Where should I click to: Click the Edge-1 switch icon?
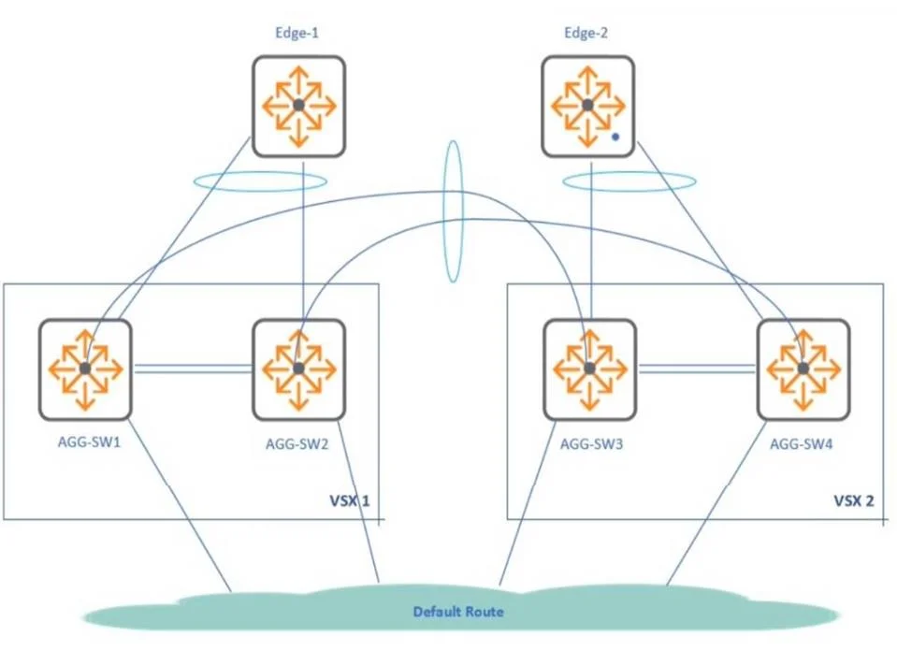pos(298,106)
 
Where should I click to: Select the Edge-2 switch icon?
pos(588,106)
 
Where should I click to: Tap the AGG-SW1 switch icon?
pos(85,369)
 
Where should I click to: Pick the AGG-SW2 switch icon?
pos(298,369)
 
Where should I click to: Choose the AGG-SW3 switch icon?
pos(589,369)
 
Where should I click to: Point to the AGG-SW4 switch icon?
pos(803,369)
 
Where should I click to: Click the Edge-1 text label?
pos(297,33)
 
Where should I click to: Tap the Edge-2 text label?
pos(586,33)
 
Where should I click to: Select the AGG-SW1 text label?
pos(89,442)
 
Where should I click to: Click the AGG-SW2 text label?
pos(297,444)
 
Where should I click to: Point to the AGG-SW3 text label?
pos(591,444)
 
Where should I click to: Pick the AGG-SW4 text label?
pos(801,444)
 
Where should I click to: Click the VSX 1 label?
pos(350,501)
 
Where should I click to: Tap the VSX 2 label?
pos(854,501)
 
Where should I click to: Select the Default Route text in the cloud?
pos(458,612)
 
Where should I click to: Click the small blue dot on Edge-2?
pos(615,137)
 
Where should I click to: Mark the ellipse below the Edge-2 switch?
pos(629,173)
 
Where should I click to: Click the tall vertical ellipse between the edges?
pos(445,211)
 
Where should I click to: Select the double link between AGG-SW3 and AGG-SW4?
pos(697,369)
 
